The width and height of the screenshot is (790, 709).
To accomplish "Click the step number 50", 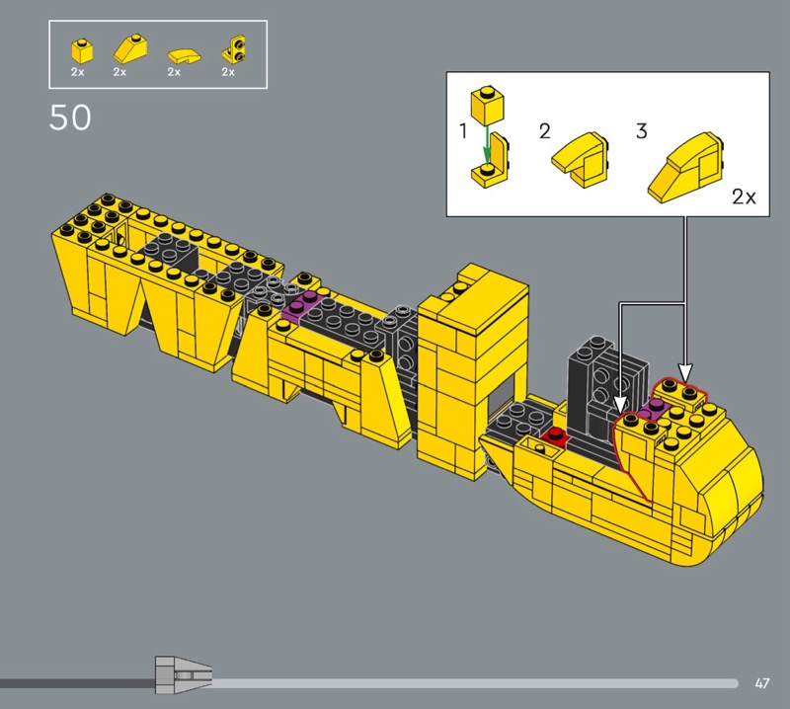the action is click(x=70, y=118).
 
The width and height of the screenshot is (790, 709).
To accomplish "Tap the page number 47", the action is click(x=762, y=683).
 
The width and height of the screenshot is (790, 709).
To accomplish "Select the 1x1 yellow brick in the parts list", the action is click(x=82, y=50).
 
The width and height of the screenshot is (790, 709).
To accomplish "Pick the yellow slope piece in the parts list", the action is click(x=130, y=48).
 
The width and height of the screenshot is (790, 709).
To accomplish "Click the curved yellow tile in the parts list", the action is click(x=184, y=56).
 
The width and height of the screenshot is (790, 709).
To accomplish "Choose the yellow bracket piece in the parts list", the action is click(x=234, y=50).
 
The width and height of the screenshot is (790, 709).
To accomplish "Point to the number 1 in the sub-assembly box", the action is click(x=463, y=131).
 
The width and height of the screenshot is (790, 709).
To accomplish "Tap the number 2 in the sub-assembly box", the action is click(x=545, y=131).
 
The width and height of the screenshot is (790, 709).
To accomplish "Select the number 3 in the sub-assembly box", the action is click(x=641, y=131).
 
